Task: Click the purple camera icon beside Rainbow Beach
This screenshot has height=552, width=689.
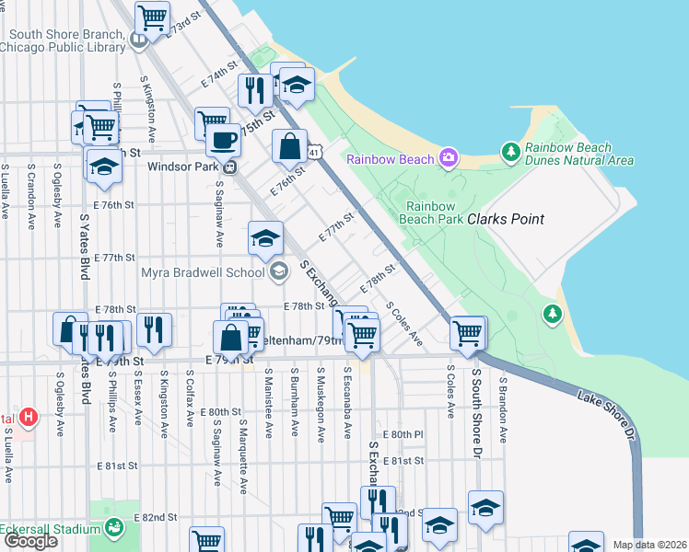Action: pos(448,159)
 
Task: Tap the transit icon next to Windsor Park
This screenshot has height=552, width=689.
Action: pos(229,167)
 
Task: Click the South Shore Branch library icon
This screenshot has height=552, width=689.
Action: pos(138,40)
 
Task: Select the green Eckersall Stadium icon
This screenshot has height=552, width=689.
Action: pos(115,527)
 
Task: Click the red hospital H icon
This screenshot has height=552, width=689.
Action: pos(29,417)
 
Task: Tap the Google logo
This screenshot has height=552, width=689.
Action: pos(30,541)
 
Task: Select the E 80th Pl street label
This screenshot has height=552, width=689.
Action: pos(405,433)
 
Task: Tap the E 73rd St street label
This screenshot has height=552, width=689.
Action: pos(184,25)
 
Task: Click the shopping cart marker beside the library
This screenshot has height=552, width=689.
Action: pos(152,16)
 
